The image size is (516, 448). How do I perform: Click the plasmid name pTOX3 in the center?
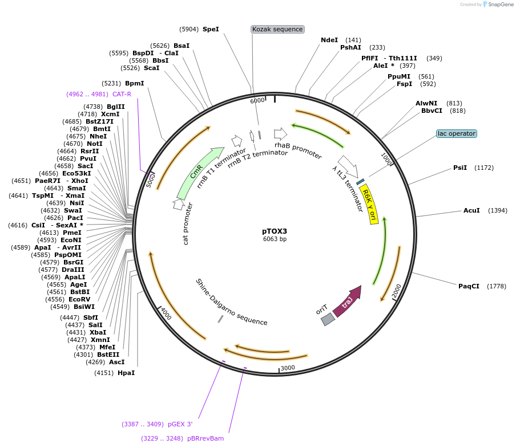coord(275,231)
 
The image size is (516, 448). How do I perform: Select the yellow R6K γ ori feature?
coord(370,203)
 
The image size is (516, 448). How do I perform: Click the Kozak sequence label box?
coord(277,29)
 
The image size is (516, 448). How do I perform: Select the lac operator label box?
coord(456,133)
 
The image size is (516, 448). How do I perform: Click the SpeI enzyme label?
coord(211,28)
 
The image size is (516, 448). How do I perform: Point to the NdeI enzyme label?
coord(329,40)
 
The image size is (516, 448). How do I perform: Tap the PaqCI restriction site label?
coord(469,286)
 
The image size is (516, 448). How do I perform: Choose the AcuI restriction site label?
coord(471,210)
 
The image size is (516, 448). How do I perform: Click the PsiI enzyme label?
coord(460,168)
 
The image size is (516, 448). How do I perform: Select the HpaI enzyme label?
coord(126,373)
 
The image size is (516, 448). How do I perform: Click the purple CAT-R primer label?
coord(122,94)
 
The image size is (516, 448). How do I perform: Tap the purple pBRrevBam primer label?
coord(205,438)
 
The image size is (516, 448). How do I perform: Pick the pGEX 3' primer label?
coord(180,424)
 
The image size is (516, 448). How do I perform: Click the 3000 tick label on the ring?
coord(288,368)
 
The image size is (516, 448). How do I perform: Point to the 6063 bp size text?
coord(275,239)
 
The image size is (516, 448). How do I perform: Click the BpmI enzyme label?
coord(134,83)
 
